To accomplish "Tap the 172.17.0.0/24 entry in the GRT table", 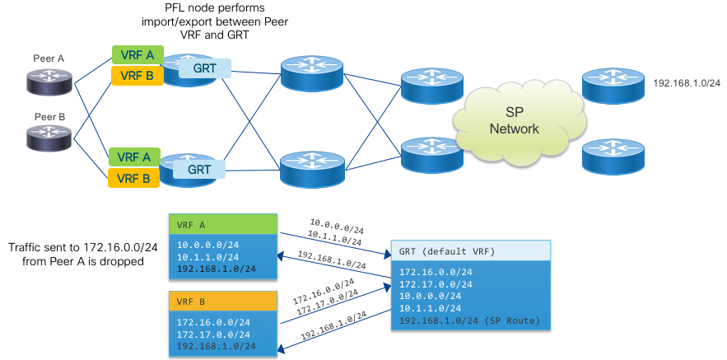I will point(436,283).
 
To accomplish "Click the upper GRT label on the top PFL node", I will point(204,68).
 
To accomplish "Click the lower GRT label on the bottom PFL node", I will point(199,169).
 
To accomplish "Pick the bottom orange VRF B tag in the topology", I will point(133,177).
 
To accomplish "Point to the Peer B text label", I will point(49,117).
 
